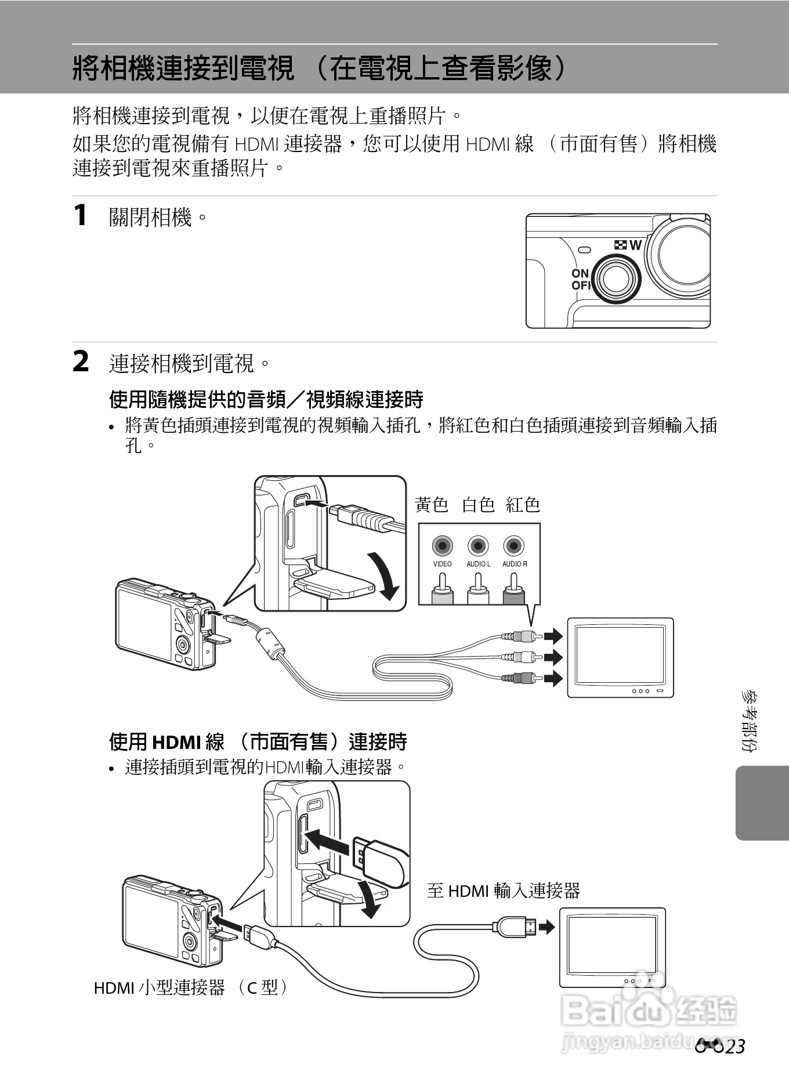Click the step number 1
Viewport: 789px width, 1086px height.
pyautogui.click(x=81, y=215)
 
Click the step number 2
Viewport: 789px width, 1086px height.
pyautogui.click(x=81, y=361)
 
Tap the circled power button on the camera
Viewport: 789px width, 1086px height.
pyautogui.click(x=617, y=278)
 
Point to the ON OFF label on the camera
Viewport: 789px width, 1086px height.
pyautogui.click(x=580, y=279)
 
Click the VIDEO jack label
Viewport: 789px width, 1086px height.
pyautogui.click(x=442, y=564)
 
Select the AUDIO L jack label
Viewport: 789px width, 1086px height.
pyautogui.click(x=478, y=564)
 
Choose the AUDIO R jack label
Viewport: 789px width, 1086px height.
pyautogui.click(x=515, y=564)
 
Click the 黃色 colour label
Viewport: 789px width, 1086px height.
pyautogui.click(x=432, y=505)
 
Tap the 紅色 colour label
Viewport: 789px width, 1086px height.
pyautogui.click(x=523, y=505)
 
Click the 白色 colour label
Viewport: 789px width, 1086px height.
pyautogui.click(x=478, y=505)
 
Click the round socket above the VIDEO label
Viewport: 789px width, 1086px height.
pyautogui.click(x=442, y=546)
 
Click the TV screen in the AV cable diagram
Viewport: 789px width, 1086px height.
pyautogui.click(x=620, y=654)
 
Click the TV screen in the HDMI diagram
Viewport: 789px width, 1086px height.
pyautogui.click(x=612, y=944)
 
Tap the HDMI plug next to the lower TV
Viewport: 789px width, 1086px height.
pyautogui.click(x=514, y=927)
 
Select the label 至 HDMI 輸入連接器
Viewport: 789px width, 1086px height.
pyautogui.click(x=503, y=890)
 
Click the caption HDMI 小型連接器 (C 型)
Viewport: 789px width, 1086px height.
pyautogui.click(x=191, y=987)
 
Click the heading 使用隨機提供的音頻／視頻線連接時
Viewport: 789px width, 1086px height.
pyautogui.click(x=266, y=399)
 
